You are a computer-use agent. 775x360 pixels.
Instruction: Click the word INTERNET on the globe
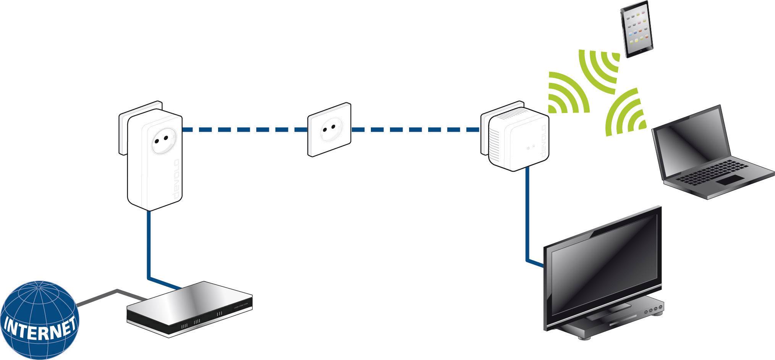(38, 329)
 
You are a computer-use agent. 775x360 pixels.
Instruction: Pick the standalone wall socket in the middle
(329, 129)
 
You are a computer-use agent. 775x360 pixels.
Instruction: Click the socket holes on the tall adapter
(162, 142)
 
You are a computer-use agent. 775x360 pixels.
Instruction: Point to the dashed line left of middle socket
(244, 130)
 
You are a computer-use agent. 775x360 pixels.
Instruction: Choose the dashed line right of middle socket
(414, 130)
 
